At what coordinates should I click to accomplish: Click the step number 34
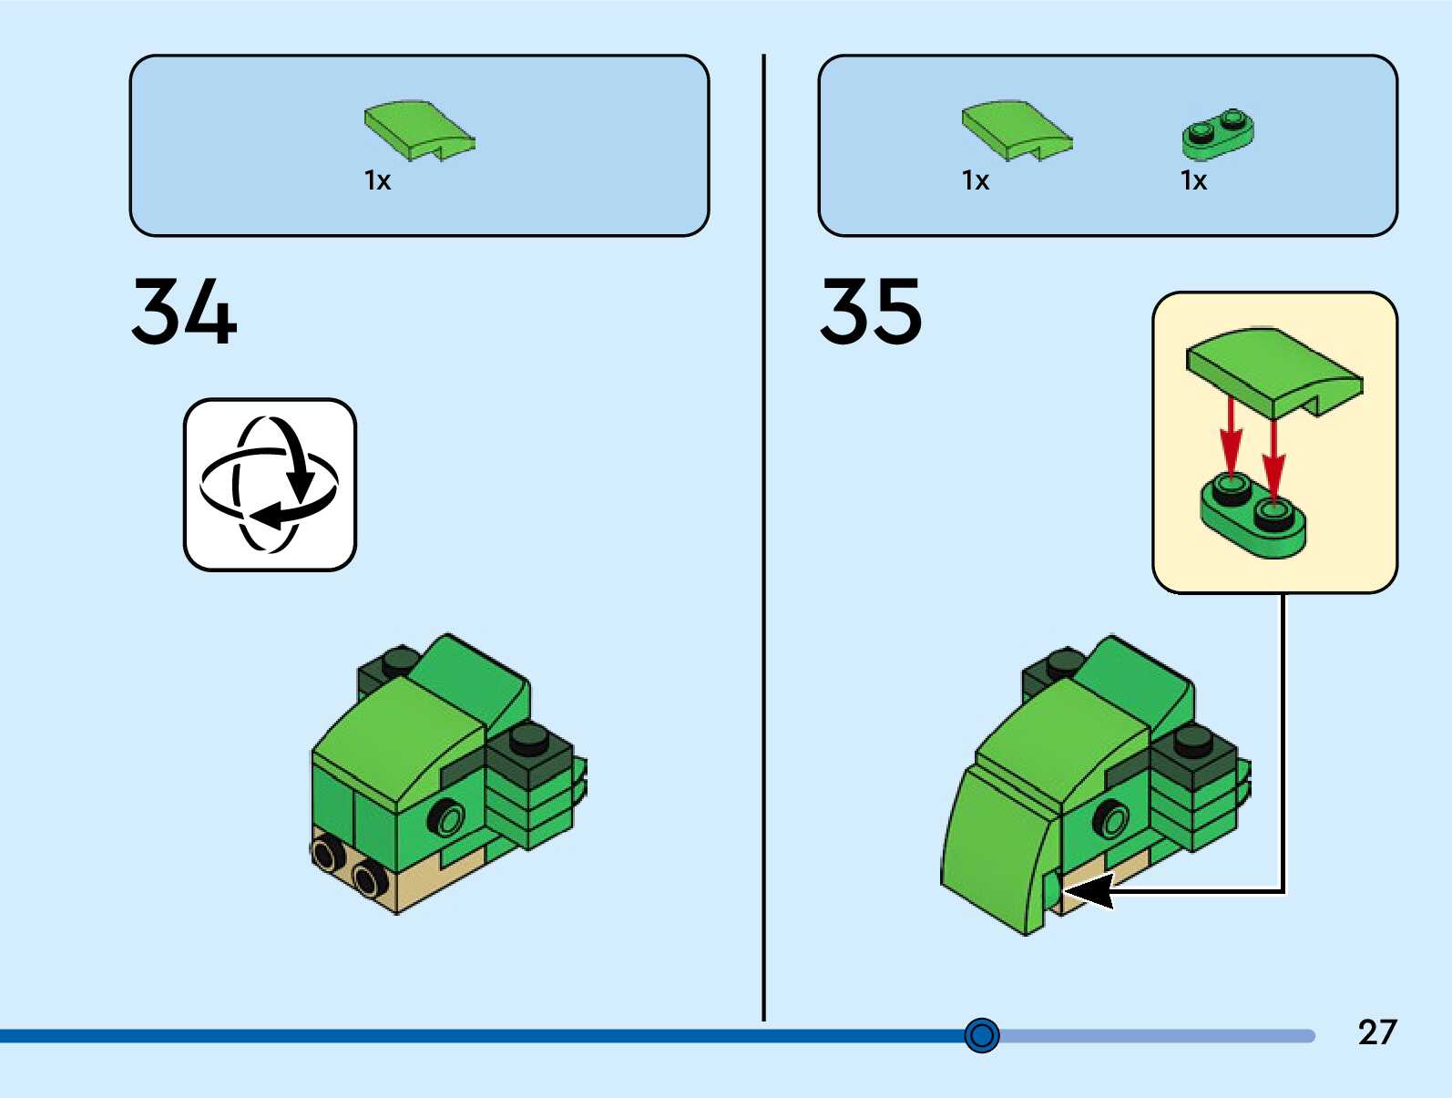pyautogui.click(x=184, y=312)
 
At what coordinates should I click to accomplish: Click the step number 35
pyautogui.click(x=872, y=312)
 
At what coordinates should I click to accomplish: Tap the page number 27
pyautogui.click(x=1376, y=1032)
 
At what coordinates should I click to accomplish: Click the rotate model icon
pyautogui.click(x=270, y=485)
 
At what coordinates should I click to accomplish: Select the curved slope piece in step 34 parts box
pyautogui.click(x=418, y=130)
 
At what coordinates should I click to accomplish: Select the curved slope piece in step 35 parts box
pyautogui.click(x=1016, y=130)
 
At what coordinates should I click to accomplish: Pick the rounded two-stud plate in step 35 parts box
pyautogui.click(x=1218, y=133)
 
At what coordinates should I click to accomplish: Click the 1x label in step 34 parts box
pyautogui.click(x=377, y=180)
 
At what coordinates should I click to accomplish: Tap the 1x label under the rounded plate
pyautogui.click(x=1193, y=180)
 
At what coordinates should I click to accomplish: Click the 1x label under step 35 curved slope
pyautogui.click(x=975, y=180)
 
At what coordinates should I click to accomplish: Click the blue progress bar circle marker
pyautogui.click(x=982, y=1035)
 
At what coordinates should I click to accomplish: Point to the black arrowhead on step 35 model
pyautogui.click(x=1090, y=890)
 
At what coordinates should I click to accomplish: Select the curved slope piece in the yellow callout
pyautogui.click(x=1273, y=369)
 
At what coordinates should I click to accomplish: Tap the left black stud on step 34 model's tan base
pyautogui.click(x=326, y=853)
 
